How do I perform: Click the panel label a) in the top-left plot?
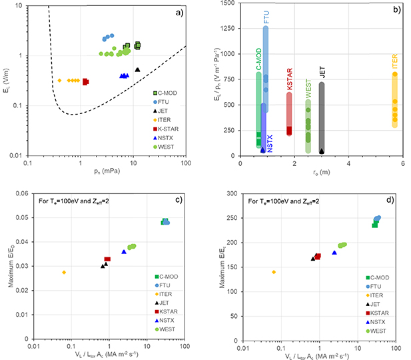coord(179,13)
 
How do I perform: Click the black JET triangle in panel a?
coord(137,69)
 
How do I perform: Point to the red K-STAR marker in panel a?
coord(85,81)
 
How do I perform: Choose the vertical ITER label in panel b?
coord(395,64)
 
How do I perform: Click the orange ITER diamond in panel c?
coord(64,272)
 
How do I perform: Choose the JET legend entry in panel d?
coord(377,302)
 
